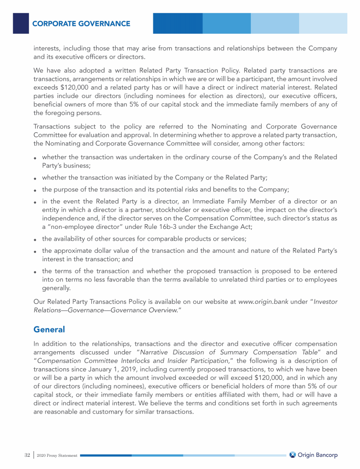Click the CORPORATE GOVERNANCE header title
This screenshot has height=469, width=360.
[81, 23]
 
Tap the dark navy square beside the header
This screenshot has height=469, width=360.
[21, 23]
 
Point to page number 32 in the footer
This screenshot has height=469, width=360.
[27, 455]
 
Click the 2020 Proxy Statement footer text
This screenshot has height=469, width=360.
[58, 455]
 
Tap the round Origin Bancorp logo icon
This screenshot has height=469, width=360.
[292, 454]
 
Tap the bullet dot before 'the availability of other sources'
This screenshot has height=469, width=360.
[36, 240]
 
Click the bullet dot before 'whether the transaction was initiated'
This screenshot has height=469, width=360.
[36, 178]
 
